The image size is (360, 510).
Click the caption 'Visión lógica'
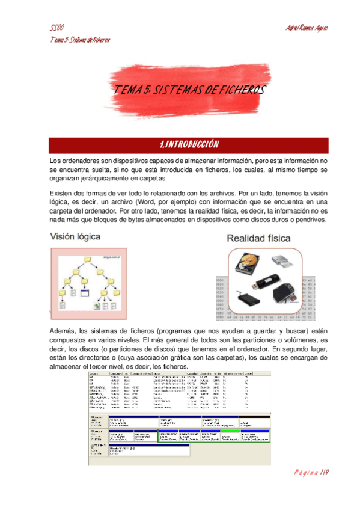tap(75, 237)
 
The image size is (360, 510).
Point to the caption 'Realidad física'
tap(258, 239)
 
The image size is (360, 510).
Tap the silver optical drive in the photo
tap(284, 260)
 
